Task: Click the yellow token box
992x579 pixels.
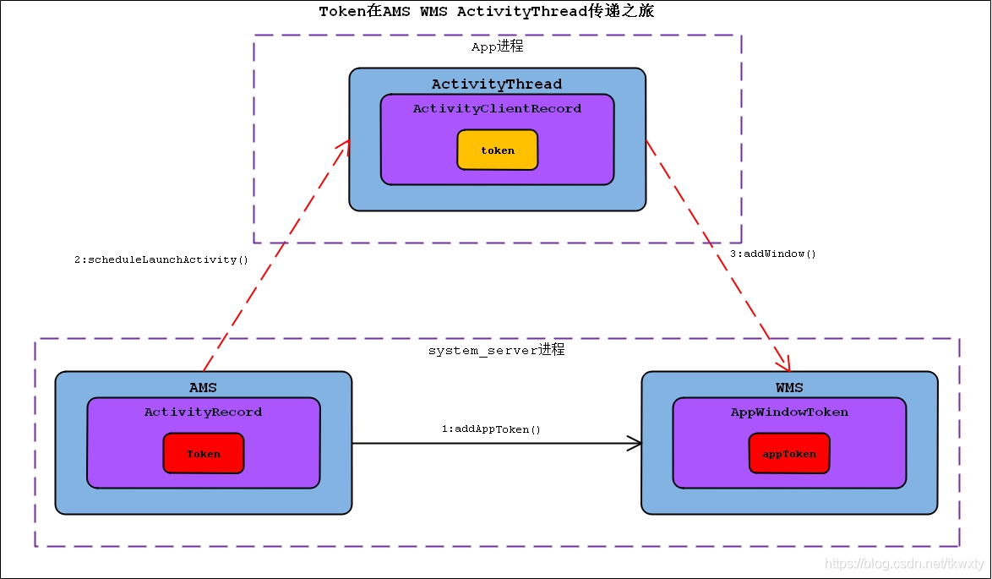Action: [497, 150]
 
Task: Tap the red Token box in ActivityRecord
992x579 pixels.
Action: [203, 453]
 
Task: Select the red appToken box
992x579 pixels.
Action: [789, 453]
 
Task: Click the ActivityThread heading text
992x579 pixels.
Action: [497, 85]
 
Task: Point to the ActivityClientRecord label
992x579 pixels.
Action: [497, 109]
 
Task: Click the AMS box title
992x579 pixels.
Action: [203, 387]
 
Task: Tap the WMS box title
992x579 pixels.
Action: [789, 387]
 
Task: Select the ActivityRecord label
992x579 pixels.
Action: [203, 412]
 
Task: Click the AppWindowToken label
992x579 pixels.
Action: [789, 412]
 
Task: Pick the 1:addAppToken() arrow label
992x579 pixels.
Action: [491, 429]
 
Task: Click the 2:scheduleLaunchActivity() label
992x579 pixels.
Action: [161, 259]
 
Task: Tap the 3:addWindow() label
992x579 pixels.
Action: [773, 254]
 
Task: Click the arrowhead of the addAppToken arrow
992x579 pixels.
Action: [635, 443]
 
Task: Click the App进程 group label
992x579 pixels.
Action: [497, 46]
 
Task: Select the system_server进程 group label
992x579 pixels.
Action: [496, 350]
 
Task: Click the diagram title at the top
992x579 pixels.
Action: [487, 11]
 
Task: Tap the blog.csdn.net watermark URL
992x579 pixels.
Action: [905, 563]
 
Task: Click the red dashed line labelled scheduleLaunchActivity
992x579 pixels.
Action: [276, 255]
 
